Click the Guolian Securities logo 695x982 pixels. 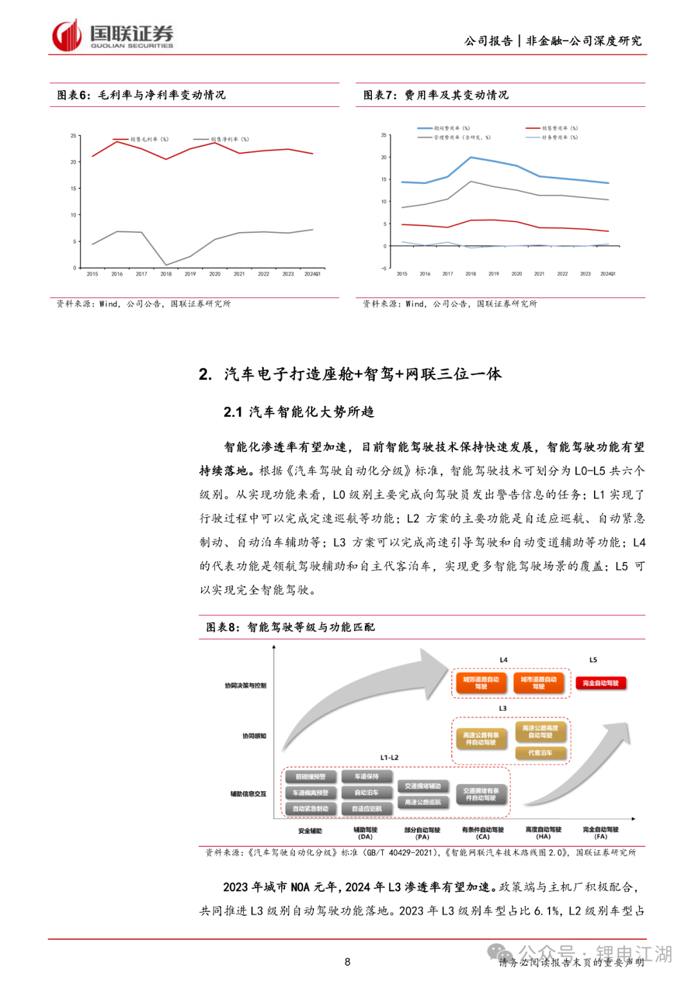tap(112, 36)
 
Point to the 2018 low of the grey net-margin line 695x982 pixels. tap(166, 264)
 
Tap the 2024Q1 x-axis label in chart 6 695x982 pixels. tap(312, 274)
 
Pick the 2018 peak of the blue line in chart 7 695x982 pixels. tap(470, 157)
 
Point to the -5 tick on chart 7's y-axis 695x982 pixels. tap(384, 268)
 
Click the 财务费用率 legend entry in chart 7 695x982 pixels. tap(559, 137)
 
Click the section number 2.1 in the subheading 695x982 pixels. tap(232, 412)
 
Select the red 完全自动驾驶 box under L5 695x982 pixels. tap(600, 683)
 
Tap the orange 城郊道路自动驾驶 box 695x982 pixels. tap(481, 683)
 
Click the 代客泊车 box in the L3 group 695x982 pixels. tap(541, 752)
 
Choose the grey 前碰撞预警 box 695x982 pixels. tap(310, 777)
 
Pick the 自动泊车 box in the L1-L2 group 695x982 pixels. tap(367, 793)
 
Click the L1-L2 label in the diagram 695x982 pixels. tap(389, 758)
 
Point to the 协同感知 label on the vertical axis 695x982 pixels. tap(254, 736)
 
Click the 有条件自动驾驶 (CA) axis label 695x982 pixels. tap(483, 833)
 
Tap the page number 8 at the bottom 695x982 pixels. tap(347, 962)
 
